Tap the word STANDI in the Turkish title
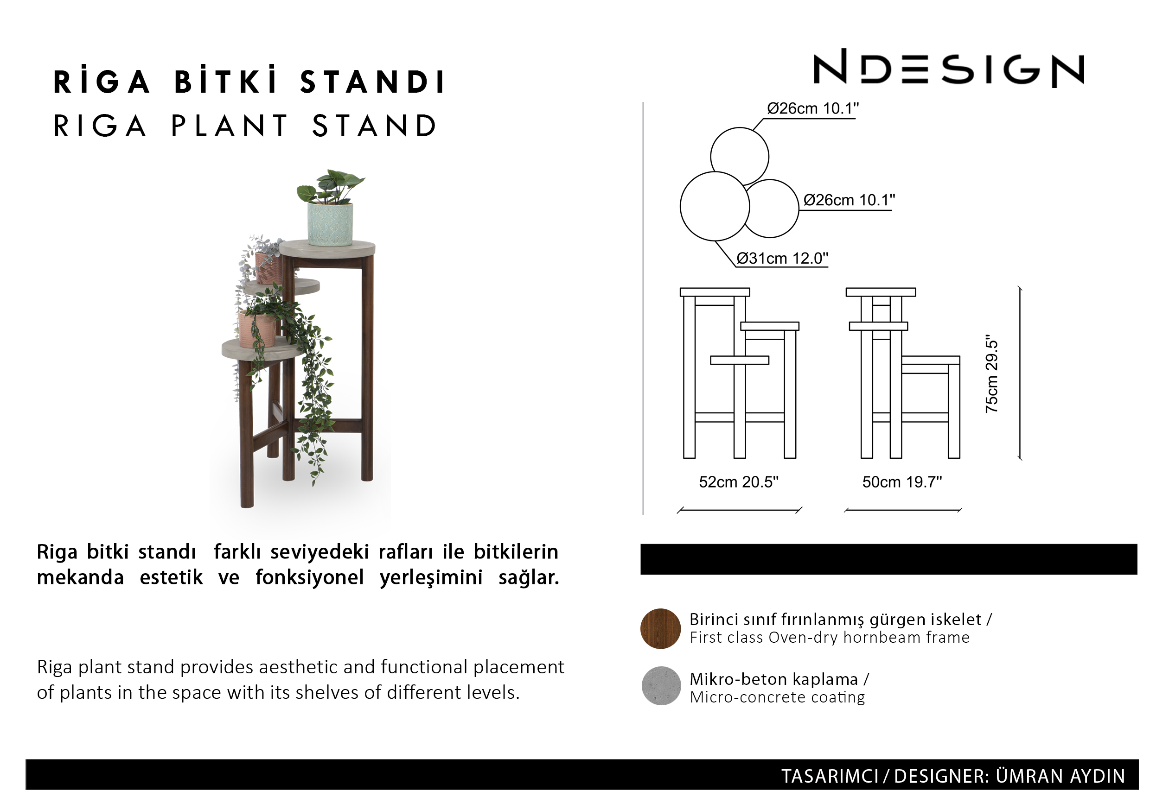(372, 82)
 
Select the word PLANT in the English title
(230, 126)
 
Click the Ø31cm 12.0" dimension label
(782, 258)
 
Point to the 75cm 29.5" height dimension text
(992, 374)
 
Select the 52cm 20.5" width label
(739, 482)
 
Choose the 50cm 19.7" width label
(902, 482)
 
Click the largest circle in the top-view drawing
(715, 206)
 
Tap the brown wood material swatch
(661, 629)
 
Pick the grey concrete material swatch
(661, 686)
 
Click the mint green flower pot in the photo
(330, 223)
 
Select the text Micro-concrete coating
(777, 697)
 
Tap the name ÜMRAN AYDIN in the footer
(1061, 776)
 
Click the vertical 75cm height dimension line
(1020, 373)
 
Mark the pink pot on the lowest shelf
(256, 329)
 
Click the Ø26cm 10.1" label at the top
(813, 108)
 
